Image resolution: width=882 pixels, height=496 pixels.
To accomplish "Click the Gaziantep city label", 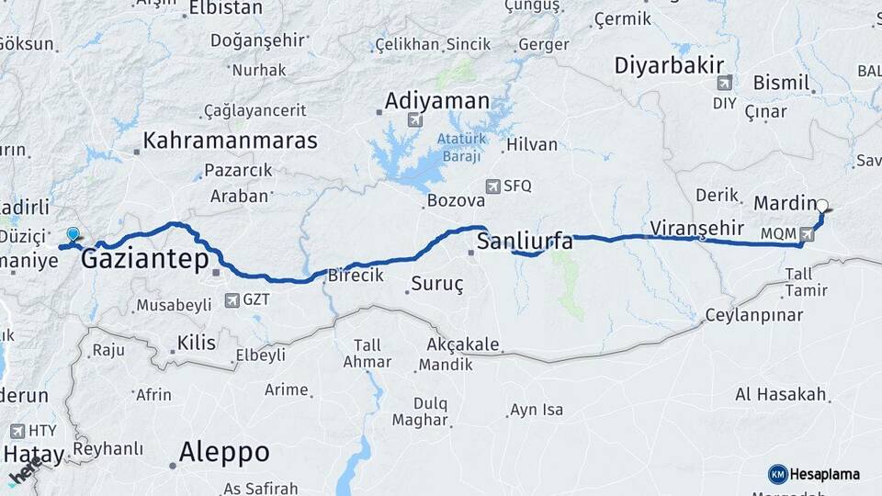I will pos(145,260).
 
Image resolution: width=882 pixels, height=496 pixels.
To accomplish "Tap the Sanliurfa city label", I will pos(525,242).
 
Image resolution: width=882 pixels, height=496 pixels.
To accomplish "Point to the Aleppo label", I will pos(224,452).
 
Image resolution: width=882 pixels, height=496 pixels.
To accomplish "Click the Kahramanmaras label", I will pos(230,141).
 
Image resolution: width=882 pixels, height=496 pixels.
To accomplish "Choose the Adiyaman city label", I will pos(436,98).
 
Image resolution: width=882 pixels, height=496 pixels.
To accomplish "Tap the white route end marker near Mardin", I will pos(822,207).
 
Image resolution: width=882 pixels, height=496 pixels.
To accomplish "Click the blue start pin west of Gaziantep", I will pos(73,235).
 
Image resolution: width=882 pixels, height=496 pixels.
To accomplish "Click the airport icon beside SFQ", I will pos(494,186).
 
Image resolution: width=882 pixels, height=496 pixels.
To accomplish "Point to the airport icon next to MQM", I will pos(807,233).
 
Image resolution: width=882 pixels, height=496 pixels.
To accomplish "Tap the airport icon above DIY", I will pos(726,83).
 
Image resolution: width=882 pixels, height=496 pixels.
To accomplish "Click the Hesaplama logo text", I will pos(823,474).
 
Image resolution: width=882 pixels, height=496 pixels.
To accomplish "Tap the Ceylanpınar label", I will pos(753,315).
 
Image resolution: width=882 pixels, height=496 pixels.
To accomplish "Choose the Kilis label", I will pos(197,343).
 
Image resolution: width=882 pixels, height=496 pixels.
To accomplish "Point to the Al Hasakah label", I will pos(781,395).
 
